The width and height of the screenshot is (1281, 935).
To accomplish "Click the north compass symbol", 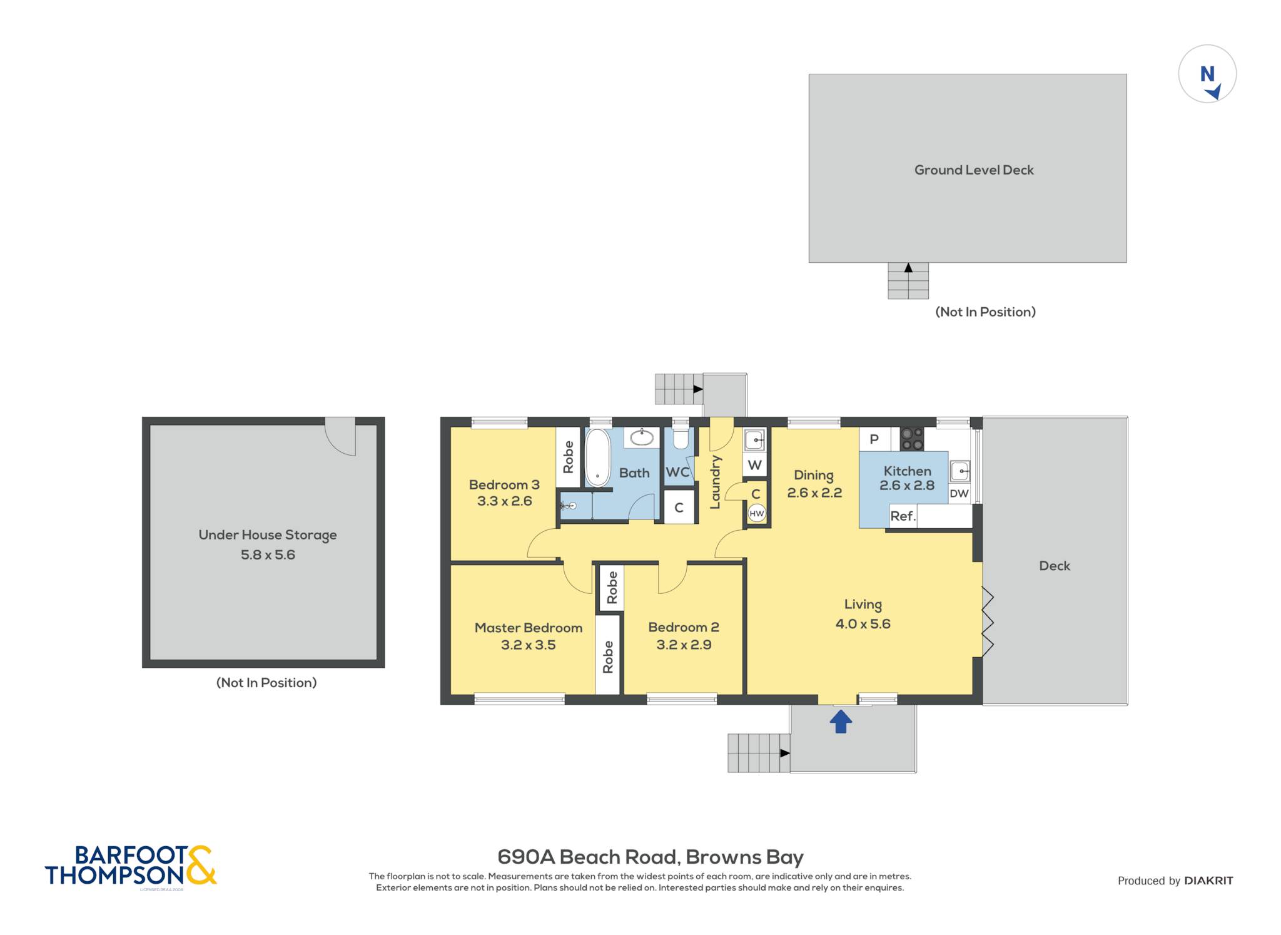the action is pyautogui.click(x=1207, y=74).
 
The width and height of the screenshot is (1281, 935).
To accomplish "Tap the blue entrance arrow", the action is pyautogui.click(x=841, y=721).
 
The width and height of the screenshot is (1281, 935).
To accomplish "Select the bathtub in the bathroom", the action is pyautogui.click(x=597, y=457).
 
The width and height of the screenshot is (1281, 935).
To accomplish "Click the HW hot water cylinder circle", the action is pyautogui.click(x=757, y=514).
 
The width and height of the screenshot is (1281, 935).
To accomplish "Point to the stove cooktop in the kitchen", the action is pyautogui.click(x=912, y=439).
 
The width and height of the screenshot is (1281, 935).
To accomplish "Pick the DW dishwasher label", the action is pyautogui.click(x=959, y=493).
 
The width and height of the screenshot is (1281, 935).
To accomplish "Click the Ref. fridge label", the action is pyautogui.click(x=903, y=516).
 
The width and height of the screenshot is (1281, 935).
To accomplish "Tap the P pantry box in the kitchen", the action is pyautogui.click(x=874, y=439).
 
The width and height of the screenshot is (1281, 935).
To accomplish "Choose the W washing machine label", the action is pyautogui.click(x=755, y=465).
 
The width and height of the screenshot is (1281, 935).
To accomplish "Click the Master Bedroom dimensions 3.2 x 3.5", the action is pyautogui.click(x=529, y=645).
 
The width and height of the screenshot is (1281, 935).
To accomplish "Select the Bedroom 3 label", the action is pyautogui.click(x=504, y=485).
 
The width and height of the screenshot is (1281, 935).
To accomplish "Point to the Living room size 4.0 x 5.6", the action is pyautogui.click(x=863, y=624).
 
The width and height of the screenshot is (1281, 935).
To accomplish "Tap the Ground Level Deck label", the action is pyautogui.click(x=974, y=170).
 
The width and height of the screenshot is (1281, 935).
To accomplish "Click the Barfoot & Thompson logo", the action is pyautogui.click(x=131, y=866).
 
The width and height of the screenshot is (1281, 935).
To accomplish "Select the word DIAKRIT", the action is pyautogui.click(x=1209, y=881).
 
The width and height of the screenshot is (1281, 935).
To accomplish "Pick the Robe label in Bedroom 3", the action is pyautogui.click(x=569, y=457).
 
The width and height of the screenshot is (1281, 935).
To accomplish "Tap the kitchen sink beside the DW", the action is pyautogui.click(x=959, y=471).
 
